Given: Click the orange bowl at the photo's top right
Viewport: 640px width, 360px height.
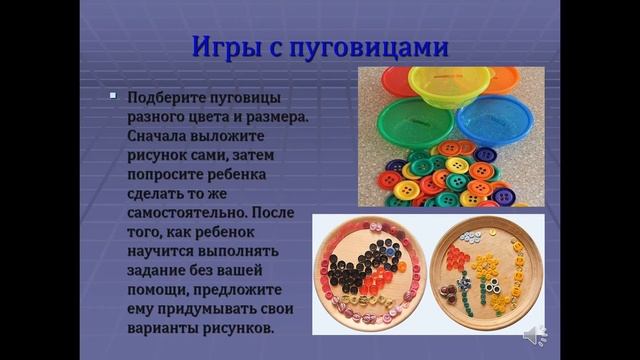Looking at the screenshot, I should point(520,78).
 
